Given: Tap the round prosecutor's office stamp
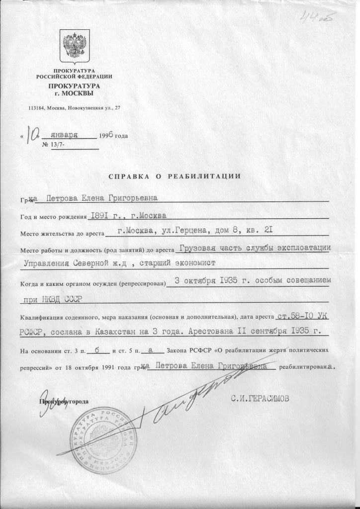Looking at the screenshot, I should click(102, 437).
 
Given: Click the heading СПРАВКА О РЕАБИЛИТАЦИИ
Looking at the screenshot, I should click(175, 175).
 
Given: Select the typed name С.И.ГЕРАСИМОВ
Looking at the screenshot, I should click(259, 398).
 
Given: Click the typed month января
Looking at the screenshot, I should click(68, 135).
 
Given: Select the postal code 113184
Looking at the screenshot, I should click(38, 108).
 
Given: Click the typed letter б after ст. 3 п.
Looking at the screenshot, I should click(97, 350).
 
